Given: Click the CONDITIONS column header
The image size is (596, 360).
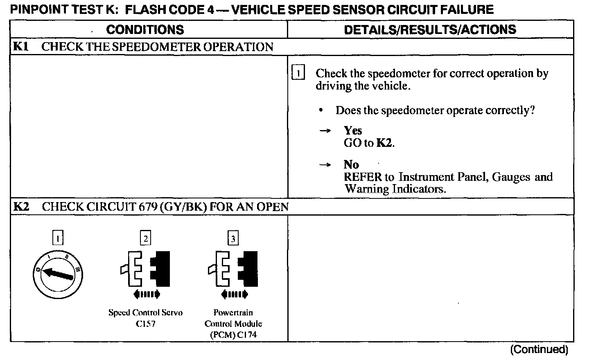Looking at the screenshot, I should tap(145, 29).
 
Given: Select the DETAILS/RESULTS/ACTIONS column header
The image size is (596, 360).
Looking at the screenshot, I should tap(430, 29).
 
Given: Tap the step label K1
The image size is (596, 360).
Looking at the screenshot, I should tap(20, 47).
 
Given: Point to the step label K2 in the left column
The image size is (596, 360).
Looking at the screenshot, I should tap(21, 207).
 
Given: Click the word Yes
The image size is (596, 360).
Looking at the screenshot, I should tap(353, 130).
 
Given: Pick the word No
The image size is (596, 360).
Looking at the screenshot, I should tap(351, 164).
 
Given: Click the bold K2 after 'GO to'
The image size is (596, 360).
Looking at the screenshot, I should tap(385, 143).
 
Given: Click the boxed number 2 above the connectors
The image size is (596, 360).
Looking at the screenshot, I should tap(145, 238).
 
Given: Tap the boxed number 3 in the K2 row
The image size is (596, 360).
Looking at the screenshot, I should tap(233, 239).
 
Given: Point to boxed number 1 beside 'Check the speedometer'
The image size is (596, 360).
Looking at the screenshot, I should tap(298, 74).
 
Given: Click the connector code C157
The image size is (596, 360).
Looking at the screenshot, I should tap(146, 324).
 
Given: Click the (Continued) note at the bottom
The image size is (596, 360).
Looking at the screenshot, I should tap(539, 349).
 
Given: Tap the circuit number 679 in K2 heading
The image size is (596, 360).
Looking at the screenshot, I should tap(145, 207).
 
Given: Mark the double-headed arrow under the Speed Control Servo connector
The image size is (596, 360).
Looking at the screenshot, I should tap(147, 294).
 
